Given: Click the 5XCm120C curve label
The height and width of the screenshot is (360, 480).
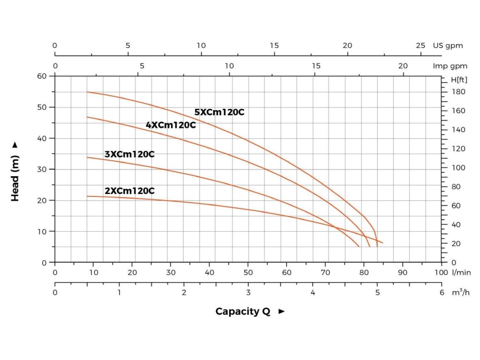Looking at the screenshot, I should [219, 112].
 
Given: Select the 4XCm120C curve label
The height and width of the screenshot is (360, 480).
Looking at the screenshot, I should [171, 125].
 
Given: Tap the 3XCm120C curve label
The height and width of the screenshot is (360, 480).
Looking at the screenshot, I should [129, 154].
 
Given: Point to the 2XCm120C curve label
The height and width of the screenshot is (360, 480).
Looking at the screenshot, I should [129, 191].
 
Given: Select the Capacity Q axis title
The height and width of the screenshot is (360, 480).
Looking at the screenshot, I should [243, 312].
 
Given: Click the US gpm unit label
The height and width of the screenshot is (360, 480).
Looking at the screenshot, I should [448, 45].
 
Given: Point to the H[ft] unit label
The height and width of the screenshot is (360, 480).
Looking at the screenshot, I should [459, 80].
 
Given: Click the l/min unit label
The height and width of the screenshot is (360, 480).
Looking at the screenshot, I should [462, 272].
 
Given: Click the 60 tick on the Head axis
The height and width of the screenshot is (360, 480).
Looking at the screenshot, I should [43, 76].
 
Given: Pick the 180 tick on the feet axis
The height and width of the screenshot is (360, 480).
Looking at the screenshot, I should [458, 92].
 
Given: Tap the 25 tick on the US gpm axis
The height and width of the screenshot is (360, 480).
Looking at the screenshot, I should [420, 45].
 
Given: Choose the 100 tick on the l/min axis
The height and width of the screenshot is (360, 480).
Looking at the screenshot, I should [442, 272].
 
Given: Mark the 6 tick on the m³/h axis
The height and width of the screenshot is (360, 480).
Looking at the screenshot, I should [442, 292].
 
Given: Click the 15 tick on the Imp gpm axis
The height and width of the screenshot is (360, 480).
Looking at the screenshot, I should [316, 66].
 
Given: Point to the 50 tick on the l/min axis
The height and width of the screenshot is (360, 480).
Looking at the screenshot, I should [248, 272].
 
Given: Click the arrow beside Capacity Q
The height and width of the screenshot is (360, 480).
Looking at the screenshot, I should [282, 312].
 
